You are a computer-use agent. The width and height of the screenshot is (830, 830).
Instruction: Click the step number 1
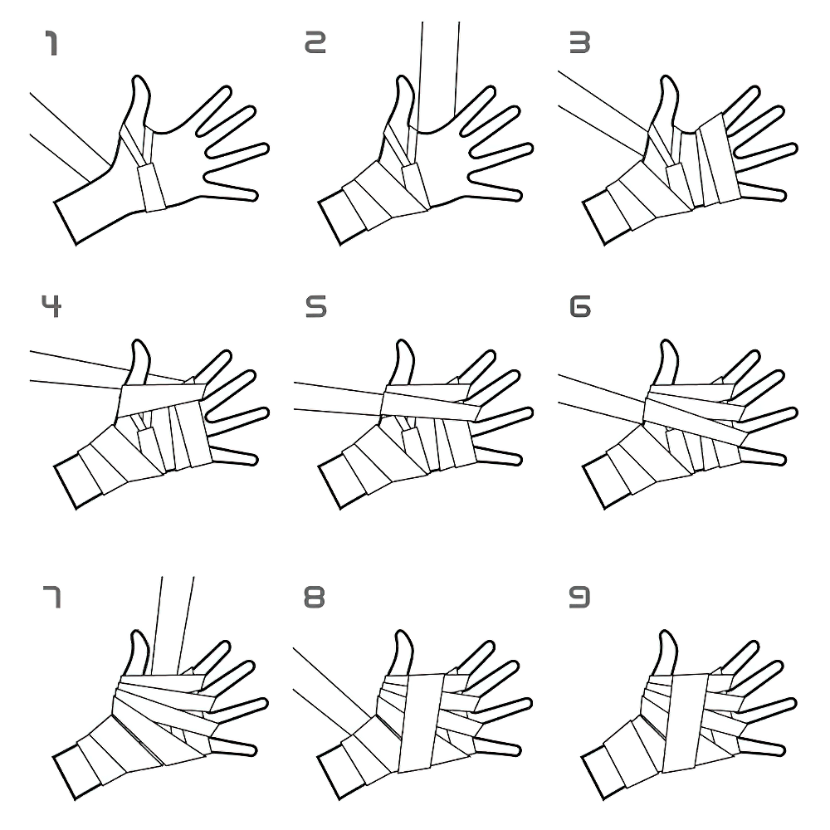click(51, 44)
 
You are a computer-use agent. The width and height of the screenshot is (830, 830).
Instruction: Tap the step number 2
click(315, 44)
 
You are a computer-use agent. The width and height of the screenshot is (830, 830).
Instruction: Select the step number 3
click(579, 44)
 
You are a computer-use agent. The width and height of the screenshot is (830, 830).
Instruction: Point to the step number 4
click(51, 307)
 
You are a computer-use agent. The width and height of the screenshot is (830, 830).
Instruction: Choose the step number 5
click(315, 307)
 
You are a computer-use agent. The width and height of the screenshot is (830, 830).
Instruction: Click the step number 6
click(579, 307)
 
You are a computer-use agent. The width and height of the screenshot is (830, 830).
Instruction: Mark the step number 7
click(51, 596)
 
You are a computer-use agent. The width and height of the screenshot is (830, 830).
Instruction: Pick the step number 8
click(315, 596)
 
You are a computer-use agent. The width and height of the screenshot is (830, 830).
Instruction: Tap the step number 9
click(579, 596)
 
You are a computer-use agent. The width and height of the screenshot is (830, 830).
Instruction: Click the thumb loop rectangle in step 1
click(152, 186)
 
